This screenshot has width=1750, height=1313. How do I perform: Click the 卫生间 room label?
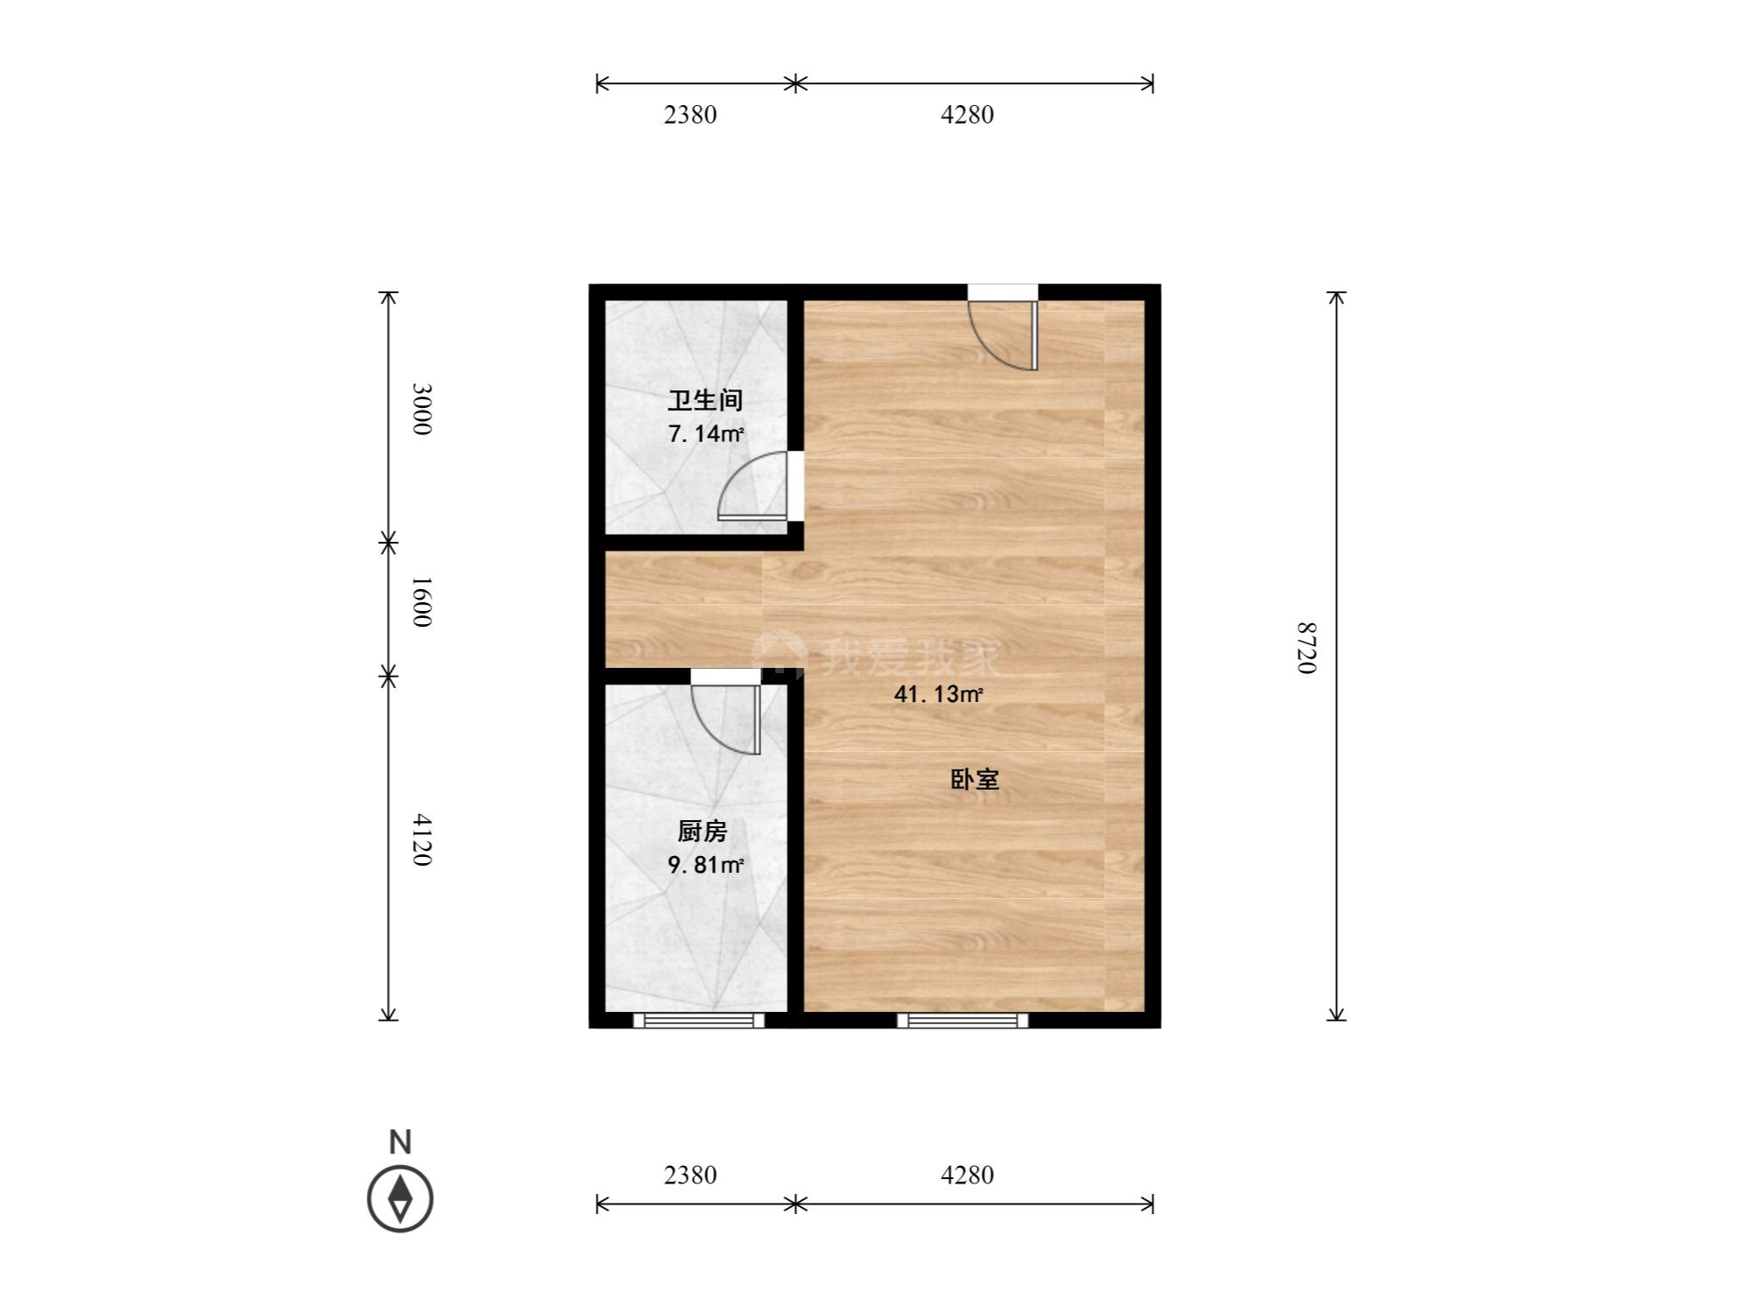[x=705, y=401]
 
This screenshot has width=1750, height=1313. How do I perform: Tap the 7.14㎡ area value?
[x=706, y=433]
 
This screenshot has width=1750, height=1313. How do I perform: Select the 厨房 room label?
[x=703, y=831]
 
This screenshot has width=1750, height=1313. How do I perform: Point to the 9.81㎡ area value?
[x=706, y=865]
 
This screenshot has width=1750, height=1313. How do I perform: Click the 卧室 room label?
[x=975, y=779]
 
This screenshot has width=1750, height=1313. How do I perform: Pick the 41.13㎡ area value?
[x=938, y=695]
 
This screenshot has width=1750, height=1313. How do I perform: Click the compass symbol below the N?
[x=400, y=1198]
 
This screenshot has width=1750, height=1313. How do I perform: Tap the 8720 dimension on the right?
[x=1306, y=648]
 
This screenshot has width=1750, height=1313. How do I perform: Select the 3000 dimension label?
[x=422, y=409]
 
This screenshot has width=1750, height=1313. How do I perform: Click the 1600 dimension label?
[x=422, y=601]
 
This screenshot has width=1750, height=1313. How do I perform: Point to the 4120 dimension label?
[x=422, y=840]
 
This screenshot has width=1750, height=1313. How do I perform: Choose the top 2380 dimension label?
[x=690, y=115]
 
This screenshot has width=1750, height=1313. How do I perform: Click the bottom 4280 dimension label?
[x=968, y=1175]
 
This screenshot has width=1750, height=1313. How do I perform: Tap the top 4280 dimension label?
[x=968, y=115]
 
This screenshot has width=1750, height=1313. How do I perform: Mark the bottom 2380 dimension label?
[x=690, y=1175]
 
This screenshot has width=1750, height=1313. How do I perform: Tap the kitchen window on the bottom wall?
[x=698, y=1020]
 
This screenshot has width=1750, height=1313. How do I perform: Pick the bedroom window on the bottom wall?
[x=962, y=1020]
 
